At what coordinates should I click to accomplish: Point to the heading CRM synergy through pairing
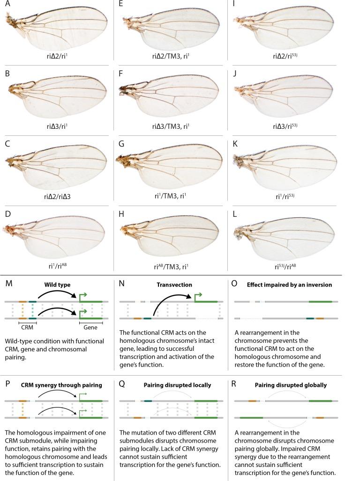(x=61, y=386)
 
